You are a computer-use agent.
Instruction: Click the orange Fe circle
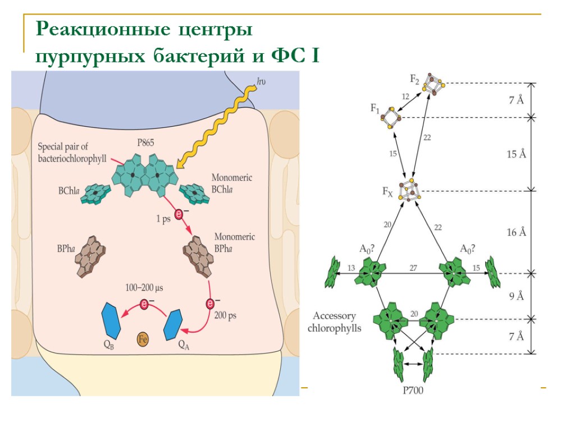[143, 339]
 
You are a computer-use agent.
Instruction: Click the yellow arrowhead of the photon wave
[180, 164]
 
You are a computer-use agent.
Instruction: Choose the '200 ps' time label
[225, 315]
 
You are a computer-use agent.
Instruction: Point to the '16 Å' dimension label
[515, 232]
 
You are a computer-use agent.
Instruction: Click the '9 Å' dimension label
[516, 296]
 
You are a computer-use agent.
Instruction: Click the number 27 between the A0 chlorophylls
[413, 268]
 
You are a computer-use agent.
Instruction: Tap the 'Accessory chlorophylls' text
[335, 322]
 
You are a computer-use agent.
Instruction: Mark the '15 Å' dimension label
[515, 154]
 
